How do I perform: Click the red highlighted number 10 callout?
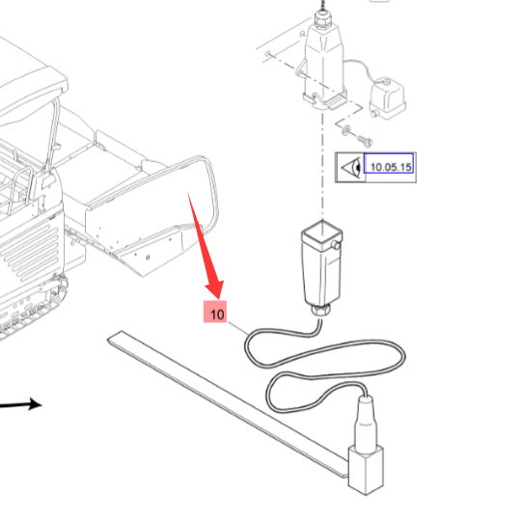tap(215, 312)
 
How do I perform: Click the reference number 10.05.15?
tap(391, 167)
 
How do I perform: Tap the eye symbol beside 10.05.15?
tap(351, 166)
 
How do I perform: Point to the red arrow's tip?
tap(218, 298)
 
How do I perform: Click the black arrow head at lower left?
tap(36, 404)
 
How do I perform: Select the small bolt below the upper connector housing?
tap(366, 140)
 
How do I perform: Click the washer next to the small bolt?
tap(346, 129)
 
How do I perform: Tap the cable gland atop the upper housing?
tap(323, 17)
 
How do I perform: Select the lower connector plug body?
tap(321, 262)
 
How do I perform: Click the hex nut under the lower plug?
tap(320, 310)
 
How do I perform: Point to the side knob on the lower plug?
tap(336, 246)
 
